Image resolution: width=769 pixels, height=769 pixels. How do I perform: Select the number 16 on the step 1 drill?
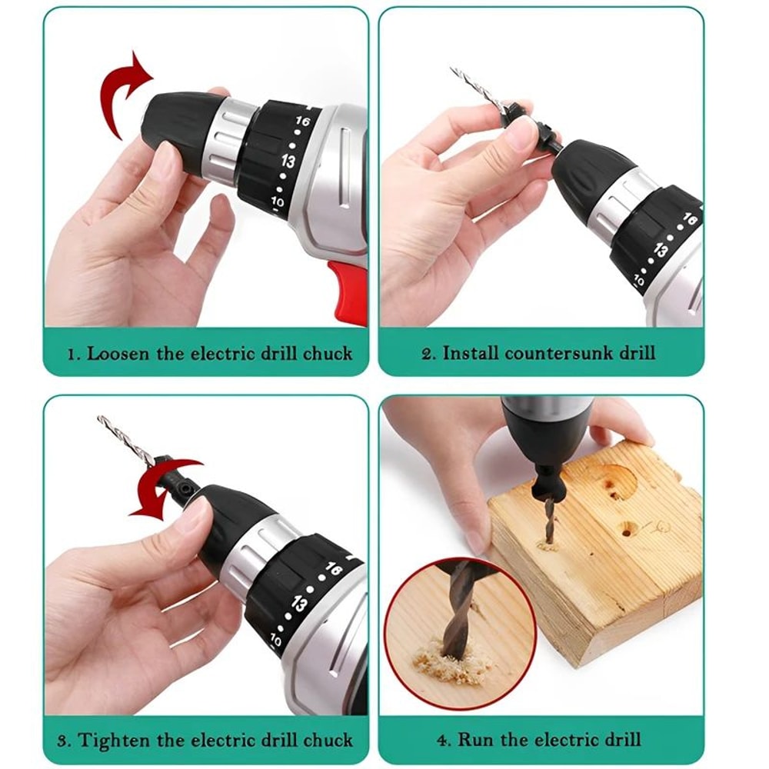(301, 122)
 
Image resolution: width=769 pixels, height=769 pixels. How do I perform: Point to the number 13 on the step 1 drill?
(288, 161)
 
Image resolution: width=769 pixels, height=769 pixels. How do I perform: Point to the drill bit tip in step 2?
(453, 70)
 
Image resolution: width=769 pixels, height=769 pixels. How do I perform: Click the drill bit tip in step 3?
(100, 419)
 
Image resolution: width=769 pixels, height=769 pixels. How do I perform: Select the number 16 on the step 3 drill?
(333, 570)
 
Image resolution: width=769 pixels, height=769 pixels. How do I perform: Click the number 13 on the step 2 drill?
(661, 250)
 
